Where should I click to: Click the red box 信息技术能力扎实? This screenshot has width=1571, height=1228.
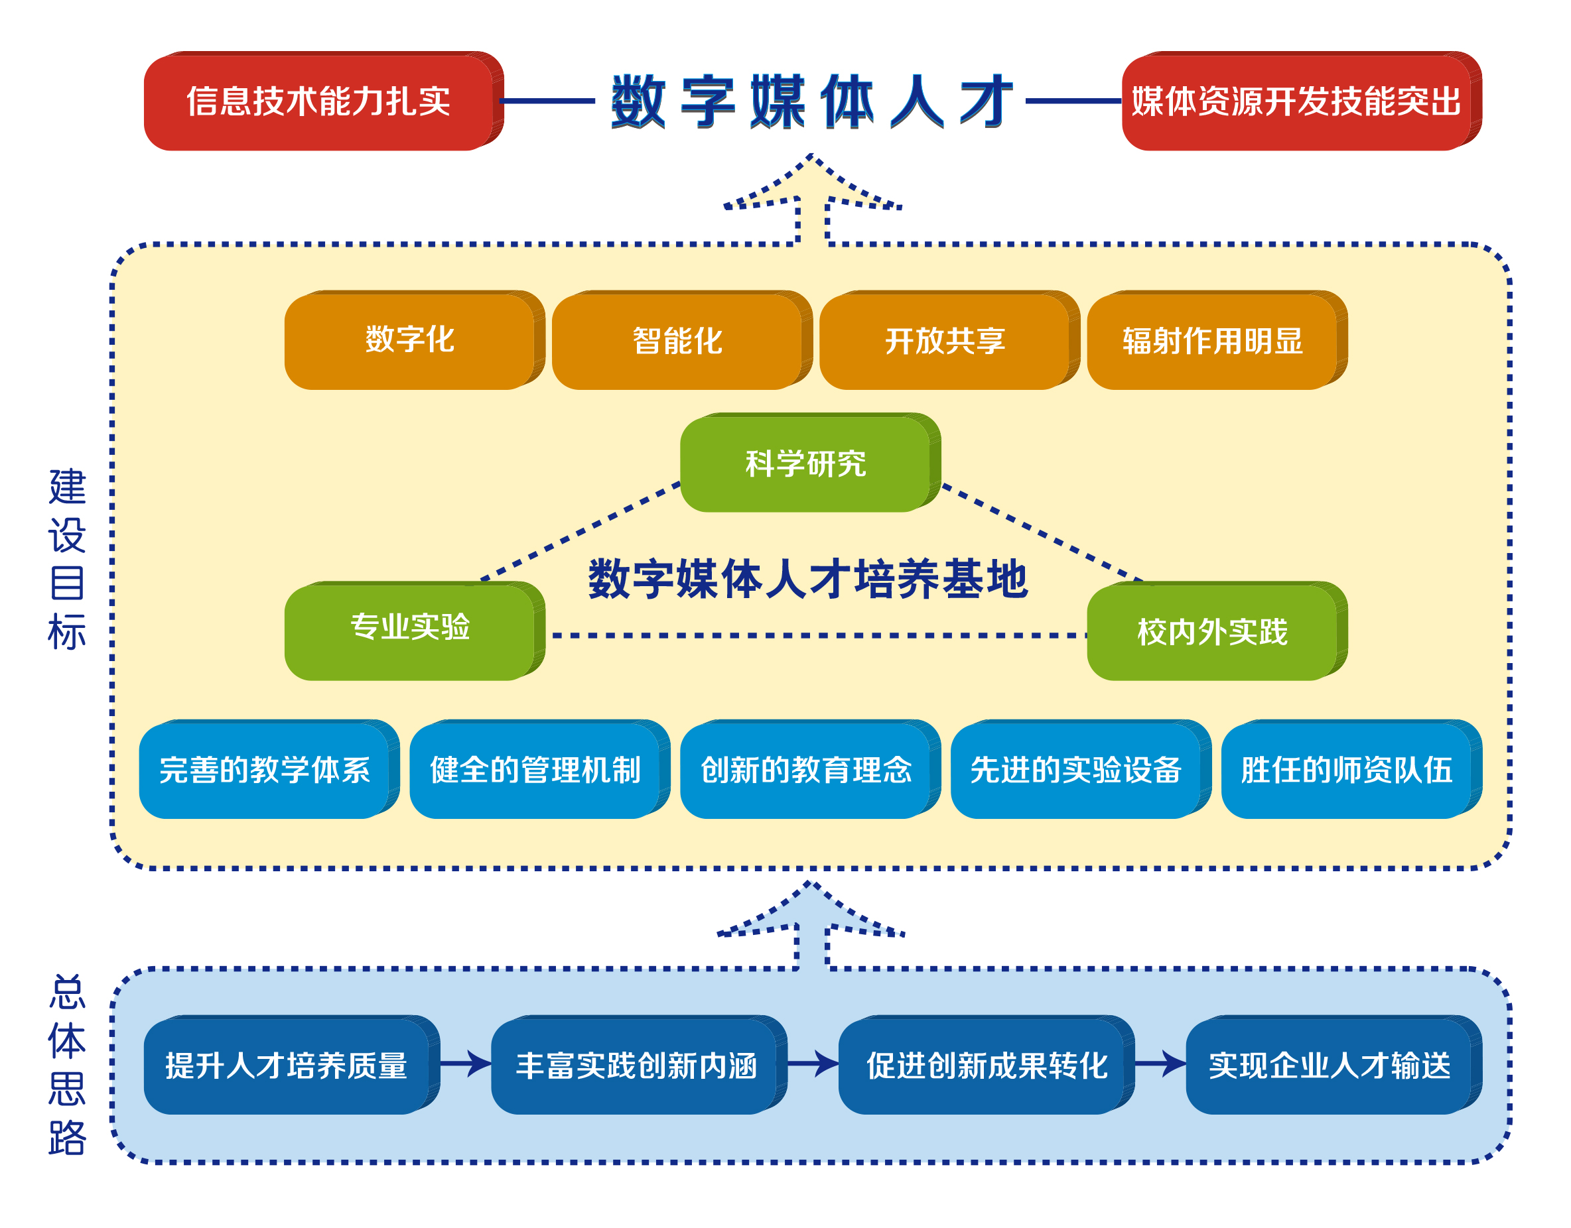[324, 101]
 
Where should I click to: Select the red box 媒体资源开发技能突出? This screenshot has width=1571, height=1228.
[1302, 101]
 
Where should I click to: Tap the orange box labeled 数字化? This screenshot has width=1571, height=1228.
[415, 340]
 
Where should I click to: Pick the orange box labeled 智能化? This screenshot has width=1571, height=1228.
[682, 340]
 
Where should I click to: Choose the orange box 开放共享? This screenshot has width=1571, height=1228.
[949, 340]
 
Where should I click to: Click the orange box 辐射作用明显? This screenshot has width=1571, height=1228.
[1217, 340]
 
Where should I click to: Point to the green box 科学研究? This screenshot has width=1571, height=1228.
[811, 462]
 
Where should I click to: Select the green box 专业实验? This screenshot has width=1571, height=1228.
[415, 631]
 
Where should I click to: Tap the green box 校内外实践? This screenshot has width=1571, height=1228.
[1217, 631]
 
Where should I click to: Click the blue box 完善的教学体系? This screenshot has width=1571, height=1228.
[269, 769]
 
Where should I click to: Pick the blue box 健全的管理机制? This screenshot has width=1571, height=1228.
[539, 769]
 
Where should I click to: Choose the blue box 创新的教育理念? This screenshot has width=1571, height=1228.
[811, 769]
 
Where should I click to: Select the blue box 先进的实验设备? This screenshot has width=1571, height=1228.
[1081, 769]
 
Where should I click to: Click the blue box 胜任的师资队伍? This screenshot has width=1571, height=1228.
[1351, 769]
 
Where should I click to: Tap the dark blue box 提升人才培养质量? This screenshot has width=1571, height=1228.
[292, 1065]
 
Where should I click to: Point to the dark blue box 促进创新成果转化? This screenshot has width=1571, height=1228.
[987, 1065]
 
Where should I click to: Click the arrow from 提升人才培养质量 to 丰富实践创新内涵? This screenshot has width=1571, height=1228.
[466, 1064]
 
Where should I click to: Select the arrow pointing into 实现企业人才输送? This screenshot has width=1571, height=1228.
[1161, 1064]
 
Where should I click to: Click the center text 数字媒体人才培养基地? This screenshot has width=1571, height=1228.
[809, 579]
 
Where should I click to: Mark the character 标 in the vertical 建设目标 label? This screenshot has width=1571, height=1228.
[67, 632]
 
